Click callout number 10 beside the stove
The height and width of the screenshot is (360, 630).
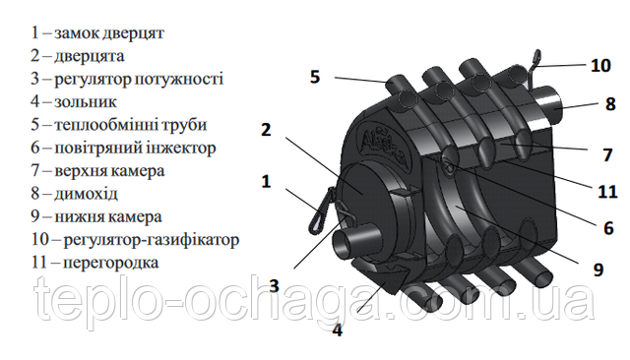pyautogui.click(x=600, y=66)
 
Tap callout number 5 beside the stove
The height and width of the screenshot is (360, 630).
pyautogui.click(x=315, y=77)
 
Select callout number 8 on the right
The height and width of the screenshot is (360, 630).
pyautogui.click(x=610, y=104)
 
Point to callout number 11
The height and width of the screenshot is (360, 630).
pyautogui.click(x=607, y=192)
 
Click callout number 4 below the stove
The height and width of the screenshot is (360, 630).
pyautogui.click(x=338, y=330)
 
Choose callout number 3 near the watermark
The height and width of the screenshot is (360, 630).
pyautogui.click(x=274, y=286)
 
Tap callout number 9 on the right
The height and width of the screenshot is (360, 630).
pyautogui.click(x=598, y=270)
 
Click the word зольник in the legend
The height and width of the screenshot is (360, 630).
pyautogui.click(x=86, y=102)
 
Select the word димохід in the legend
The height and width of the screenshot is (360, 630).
pyautogui.click(x=86, y=194)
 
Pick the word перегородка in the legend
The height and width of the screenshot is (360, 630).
pyautogui.click(x=111, y=264)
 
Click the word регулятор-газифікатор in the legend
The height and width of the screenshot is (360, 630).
pyautogui.click(x=152, y=240)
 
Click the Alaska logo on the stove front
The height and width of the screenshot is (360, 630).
pyautogui.click(x=384, y=147)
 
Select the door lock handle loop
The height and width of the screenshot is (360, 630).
pyautogui.click(x=321, y=210)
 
